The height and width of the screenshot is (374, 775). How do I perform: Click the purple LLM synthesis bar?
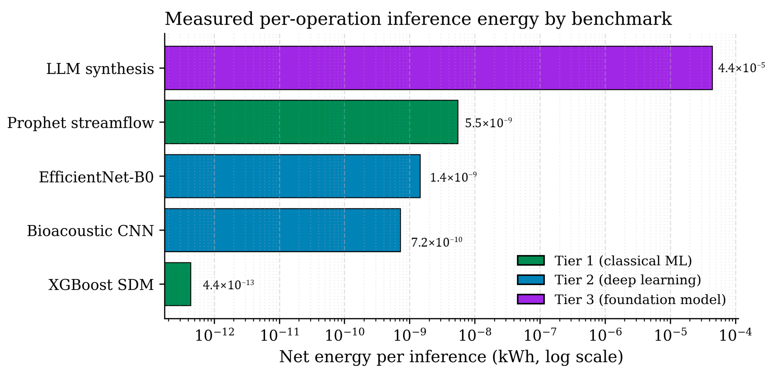[x=438, y=68]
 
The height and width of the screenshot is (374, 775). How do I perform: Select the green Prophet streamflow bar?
[x=311, y=122]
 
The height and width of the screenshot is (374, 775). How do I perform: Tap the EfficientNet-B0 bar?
[x=292, y=176]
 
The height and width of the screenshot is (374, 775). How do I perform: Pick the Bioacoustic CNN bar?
[x=282, y=230]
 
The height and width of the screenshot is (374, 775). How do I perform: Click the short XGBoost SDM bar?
[x=178, y=284]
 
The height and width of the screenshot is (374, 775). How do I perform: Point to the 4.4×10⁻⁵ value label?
[x=741, y=68]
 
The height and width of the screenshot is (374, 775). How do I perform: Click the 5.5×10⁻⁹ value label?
[x=488, y=122]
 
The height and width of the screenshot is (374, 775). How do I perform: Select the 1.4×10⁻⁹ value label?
[x=453, y=177]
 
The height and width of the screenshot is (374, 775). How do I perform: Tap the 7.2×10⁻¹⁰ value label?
[x=436, y=242]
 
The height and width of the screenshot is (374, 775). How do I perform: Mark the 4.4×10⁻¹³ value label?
[x=228, y=285]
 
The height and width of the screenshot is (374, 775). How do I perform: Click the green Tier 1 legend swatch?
[x=531, y=261]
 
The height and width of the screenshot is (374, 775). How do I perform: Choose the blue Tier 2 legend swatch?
[x=531, y=280]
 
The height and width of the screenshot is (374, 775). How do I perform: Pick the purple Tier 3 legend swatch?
[x=531, y=299]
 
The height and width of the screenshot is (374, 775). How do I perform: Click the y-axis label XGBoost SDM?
[x=101, y=285]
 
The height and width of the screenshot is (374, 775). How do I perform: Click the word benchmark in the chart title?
[x=622, y=19]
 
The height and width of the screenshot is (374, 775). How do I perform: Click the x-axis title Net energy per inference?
[x=383, y=357]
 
